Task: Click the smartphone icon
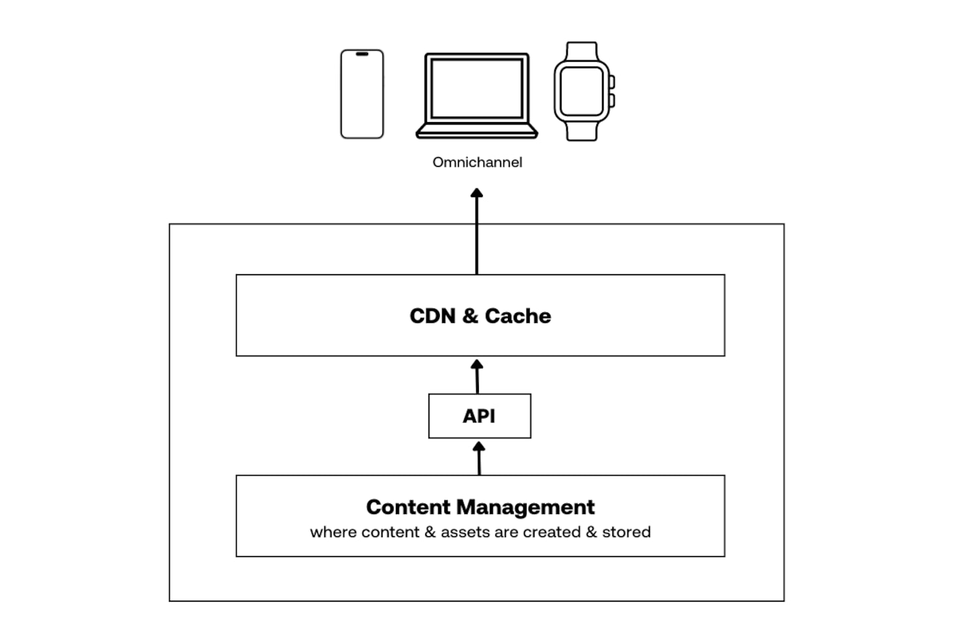[x=362, y=94]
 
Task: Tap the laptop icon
[x=477, y=96]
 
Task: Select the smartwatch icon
[x=582, y=92]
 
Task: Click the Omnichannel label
[x=477, y=163]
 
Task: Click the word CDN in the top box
[x=432, y=316]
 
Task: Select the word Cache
[x=517, y=316]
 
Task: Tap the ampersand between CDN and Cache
[x=470, y=316]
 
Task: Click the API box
[x=479, y=416]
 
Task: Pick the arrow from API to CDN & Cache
[x=477, y=376]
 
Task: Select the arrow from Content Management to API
[x=479, y=459]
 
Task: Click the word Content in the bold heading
[x=408, y=507]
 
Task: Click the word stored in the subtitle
[x=626, y=532]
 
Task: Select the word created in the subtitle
[x=552, y=532]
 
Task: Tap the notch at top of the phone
[x=362, y=54]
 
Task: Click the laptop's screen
[x=477, y=88]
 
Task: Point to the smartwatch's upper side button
[x=611, y=82]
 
